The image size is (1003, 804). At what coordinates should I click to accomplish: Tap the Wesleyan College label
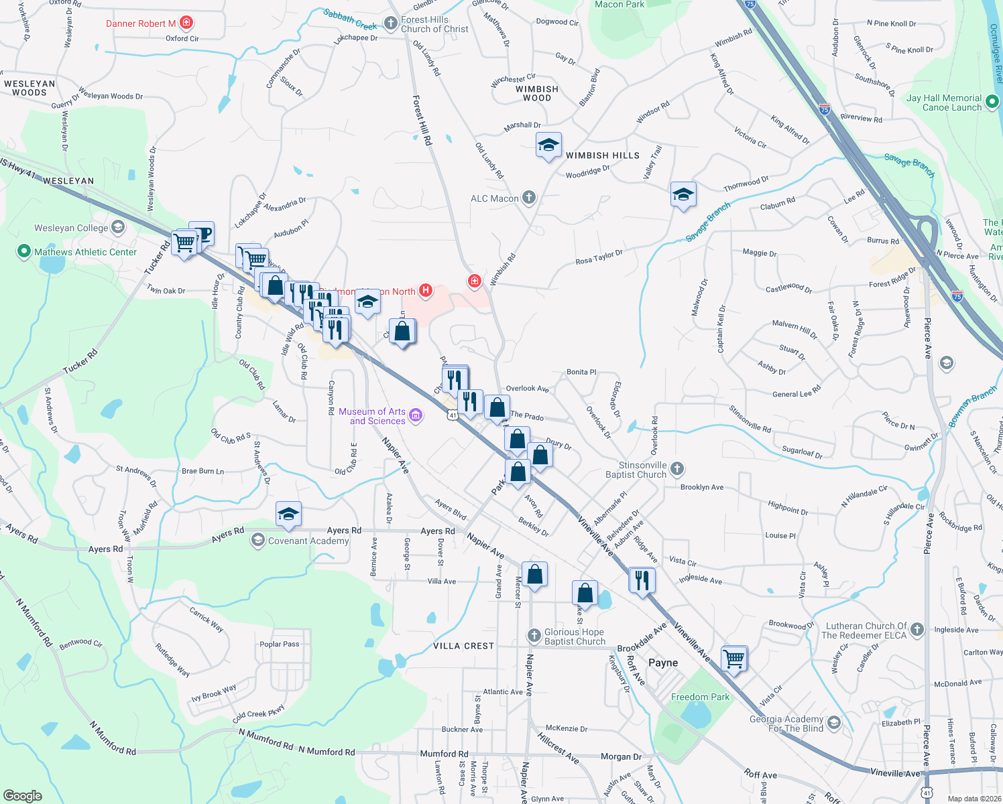(x=71, y=228)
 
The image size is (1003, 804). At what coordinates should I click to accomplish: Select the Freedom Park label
(x=700, y=697)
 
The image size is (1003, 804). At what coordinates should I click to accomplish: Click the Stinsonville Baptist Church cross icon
(x=677, y=468)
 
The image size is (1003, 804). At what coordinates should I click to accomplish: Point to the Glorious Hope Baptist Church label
(x=574, y=636)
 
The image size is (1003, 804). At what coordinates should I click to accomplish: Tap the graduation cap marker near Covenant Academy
(x=288, y=514)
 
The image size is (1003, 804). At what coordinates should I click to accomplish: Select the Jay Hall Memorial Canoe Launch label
(x=943, y=103)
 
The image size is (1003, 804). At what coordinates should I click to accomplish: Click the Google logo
(x=22, y=795)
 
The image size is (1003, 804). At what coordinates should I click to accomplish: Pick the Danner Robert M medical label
(x=141, y=23)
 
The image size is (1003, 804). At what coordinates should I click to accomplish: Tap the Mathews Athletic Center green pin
(x=23, y=252)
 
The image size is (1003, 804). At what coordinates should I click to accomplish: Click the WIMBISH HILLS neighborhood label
(x=602, y=155)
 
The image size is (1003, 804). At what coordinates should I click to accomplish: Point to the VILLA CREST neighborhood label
(x=463, y=646)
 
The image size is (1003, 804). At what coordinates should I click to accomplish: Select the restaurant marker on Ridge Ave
(x=642, y=580)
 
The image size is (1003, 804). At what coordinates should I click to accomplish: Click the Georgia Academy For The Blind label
(x=786, y=724)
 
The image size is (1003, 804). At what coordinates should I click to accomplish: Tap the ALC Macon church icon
(x=529, y=198)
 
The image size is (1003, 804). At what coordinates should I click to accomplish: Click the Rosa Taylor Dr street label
(x=599, y=257)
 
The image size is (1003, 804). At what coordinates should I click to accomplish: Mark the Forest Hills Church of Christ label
(x=434, y=25)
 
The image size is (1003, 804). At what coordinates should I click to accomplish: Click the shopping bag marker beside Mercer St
(x=534, y=574)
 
